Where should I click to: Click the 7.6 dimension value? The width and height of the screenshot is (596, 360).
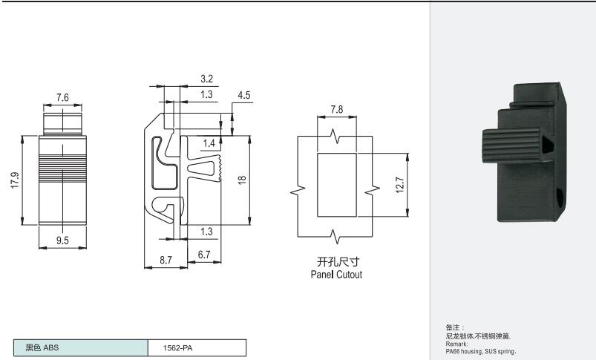(x=62, y=98)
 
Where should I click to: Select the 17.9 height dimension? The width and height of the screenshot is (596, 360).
(x=15, y=180)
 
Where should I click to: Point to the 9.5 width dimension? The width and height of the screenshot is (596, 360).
(x=62, y=240)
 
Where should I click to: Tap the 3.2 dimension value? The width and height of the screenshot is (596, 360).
(x=207, y=79)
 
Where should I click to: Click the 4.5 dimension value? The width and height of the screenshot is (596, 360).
(x=244, y=95)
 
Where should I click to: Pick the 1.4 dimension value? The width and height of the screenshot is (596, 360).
(x=209, y=143)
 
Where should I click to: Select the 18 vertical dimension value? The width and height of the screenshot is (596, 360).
(x=242, y=180)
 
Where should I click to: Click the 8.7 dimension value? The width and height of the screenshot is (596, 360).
(x=166, y=260)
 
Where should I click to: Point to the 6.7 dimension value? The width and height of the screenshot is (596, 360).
(x=204, y=255)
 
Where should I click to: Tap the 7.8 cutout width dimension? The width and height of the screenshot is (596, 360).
(x=337, y=109)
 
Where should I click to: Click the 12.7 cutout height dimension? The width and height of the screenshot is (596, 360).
(x=400, y=185)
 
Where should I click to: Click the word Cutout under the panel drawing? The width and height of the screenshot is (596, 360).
(x=350, y=275)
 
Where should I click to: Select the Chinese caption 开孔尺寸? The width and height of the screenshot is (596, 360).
(x=338, y=261)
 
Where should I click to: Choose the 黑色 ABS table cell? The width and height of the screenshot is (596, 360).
(x=81, y=348)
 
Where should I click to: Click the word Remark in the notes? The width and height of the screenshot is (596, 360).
(x=456, y=344)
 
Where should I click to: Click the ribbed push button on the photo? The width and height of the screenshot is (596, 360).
(x=511, y=146)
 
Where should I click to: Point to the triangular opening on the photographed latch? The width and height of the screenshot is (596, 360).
(x=548, y=145)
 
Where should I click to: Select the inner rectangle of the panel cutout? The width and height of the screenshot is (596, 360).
(x=337, y=185)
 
